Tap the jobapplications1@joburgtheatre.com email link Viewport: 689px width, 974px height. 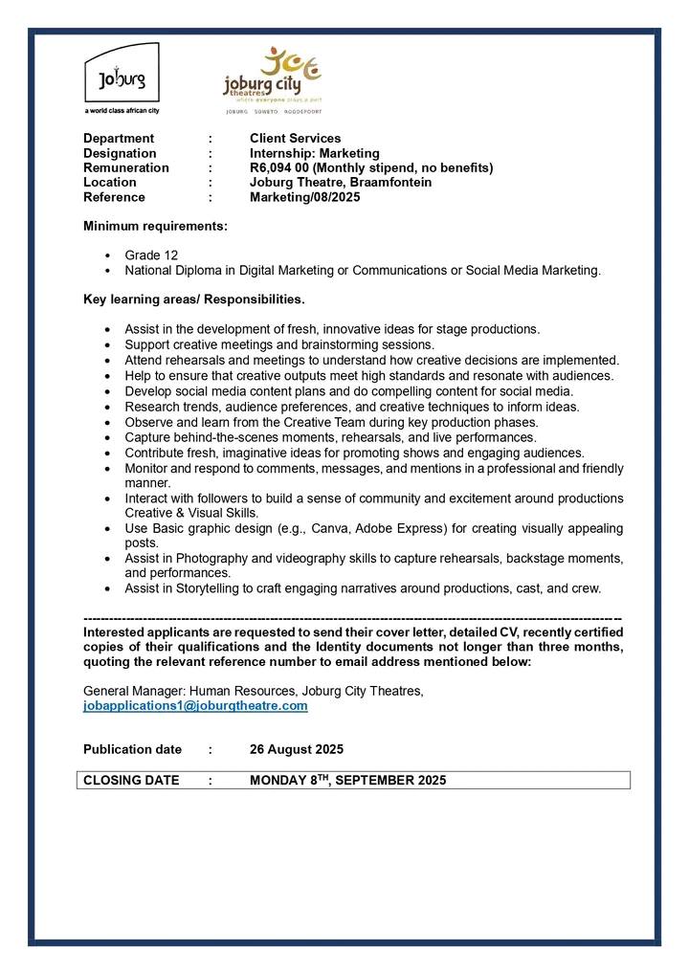click(x=195, y=706)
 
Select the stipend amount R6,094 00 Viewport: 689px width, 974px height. click(x=281, y=167)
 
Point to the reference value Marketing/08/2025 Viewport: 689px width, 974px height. click(x=305, y=197)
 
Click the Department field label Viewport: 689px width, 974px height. click(x=119, y=139)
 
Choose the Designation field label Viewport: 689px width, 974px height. click(x=120, y=153)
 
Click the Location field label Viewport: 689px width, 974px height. click(x=109, y=182)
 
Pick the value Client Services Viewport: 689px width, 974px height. click(x=295, y=139)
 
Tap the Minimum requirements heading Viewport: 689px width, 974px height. click(x=156, y=227)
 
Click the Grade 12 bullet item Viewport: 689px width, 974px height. click(x=151, y=255)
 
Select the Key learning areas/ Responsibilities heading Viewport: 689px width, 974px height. click(x=194, y=299)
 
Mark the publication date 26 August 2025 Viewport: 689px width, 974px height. click(x=297, y=749)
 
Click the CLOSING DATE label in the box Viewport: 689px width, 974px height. click(x=131, y=780)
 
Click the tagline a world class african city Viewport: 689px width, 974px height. click(x=122, y=111)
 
